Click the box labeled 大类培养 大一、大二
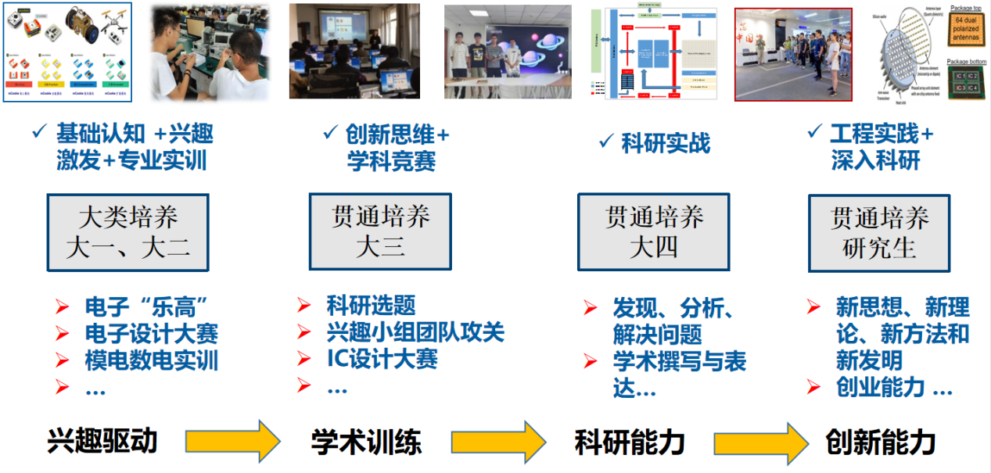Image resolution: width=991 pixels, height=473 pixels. [x=127, y=233]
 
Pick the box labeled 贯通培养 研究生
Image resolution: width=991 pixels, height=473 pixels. [x=878, y=233]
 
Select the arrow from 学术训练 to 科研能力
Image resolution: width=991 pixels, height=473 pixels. [x=499, y=442]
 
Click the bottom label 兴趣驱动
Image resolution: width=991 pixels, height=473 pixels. [x=102, y=441]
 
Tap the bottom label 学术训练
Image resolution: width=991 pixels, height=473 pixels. [x=366, y=443]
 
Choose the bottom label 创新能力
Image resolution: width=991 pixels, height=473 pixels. [x=881, y=443]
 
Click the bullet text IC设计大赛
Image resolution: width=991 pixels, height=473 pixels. [x=382, y=359]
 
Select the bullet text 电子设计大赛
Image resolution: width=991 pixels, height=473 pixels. [x=151, y=334]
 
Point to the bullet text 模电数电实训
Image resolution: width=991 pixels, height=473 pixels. [x=151, y=360]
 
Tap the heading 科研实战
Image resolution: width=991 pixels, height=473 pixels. [x=666, y=143]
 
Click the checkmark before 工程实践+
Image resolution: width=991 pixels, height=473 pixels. [x=814, y=133]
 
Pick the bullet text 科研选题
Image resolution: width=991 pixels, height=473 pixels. [x=371, y=306]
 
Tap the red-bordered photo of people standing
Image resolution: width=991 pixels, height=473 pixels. [x=792, y=55]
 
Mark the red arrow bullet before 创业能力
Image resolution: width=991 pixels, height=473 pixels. [x=814, y=386]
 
